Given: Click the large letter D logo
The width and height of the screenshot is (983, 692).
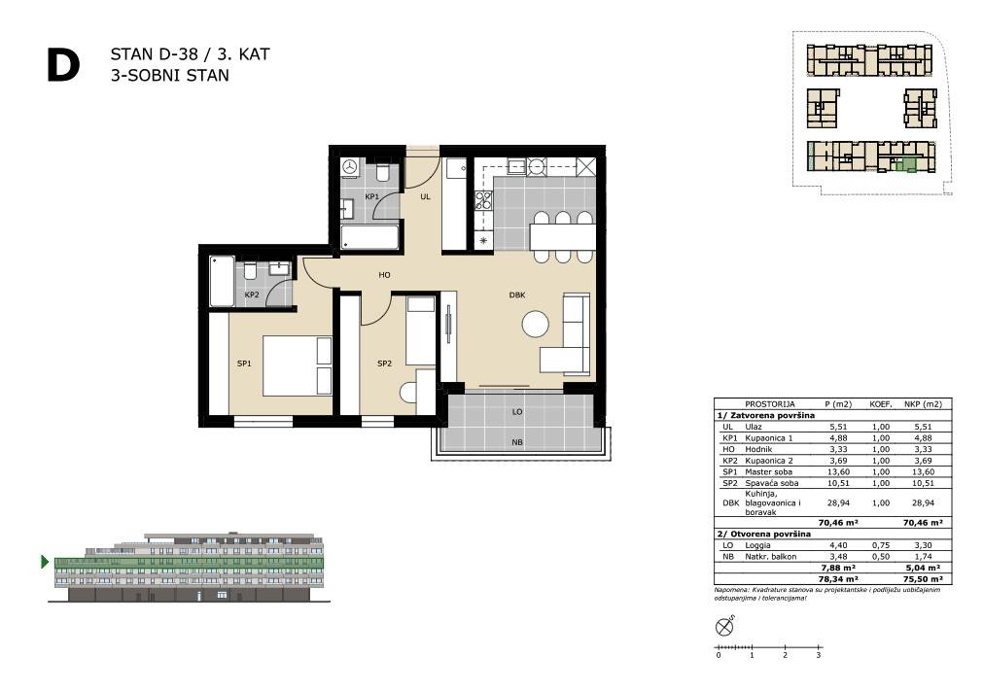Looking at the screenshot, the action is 63,66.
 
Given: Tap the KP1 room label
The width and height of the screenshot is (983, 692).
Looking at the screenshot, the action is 371,197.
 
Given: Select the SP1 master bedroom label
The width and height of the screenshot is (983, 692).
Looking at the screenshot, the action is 244,363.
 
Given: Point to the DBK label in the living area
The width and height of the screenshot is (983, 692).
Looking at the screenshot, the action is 517,294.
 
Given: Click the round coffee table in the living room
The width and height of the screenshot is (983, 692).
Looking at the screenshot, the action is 536,324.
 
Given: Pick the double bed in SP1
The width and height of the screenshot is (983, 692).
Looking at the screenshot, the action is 298,366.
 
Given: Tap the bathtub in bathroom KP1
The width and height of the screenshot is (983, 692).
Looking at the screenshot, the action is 369,238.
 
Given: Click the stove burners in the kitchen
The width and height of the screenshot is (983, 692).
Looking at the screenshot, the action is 483,200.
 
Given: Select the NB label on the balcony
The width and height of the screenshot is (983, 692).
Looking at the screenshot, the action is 517,442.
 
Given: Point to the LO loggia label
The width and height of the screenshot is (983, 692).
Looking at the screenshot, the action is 517,412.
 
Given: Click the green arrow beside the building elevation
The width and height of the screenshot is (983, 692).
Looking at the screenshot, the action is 45,562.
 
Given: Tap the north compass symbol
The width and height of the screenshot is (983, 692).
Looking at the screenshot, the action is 724,626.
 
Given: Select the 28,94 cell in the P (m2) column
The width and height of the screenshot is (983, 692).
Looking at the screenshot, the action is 838,502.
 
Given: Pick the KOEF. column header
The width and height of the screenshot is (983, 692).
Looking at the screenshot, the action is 881,404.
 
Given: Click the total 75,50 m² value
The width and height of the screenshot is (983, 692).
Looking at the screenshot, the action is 924,579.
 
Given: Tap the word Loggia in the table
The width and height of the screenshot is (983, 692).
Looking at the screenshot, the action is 758,545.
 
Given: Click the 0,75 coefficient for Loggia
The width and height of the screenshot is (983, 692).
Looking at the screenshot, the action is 881,545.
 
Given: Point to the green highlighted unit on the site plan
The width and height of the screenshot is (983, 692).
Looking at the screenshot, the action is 904,166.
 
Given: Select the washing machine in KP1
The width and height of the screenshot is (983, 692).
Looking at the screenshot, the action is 350,167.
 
